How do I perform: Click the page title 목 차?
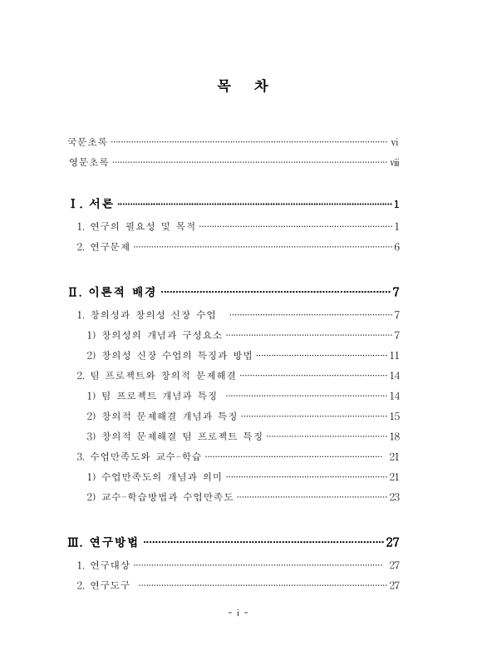coord(238,87)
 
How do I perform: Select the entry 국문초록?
coord(88,142)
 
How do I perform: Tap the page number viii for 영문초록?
coord(395,162)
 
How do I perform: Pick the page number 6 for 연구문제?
coord(398,247)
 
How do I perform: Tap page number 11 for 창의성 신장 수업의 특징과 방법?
coord(395,356)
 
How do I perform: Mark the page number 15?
coord(395,416)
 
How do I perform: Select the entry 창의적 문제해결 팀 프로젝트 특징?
coord(175,436)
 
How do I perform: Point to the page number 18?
coord(395,436)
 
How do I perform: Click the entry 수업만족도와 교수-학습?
coord(139,456)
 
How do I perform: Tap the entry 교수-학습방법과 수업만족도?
coord(161,497)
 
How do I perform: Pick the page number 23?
coord(395,497)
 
